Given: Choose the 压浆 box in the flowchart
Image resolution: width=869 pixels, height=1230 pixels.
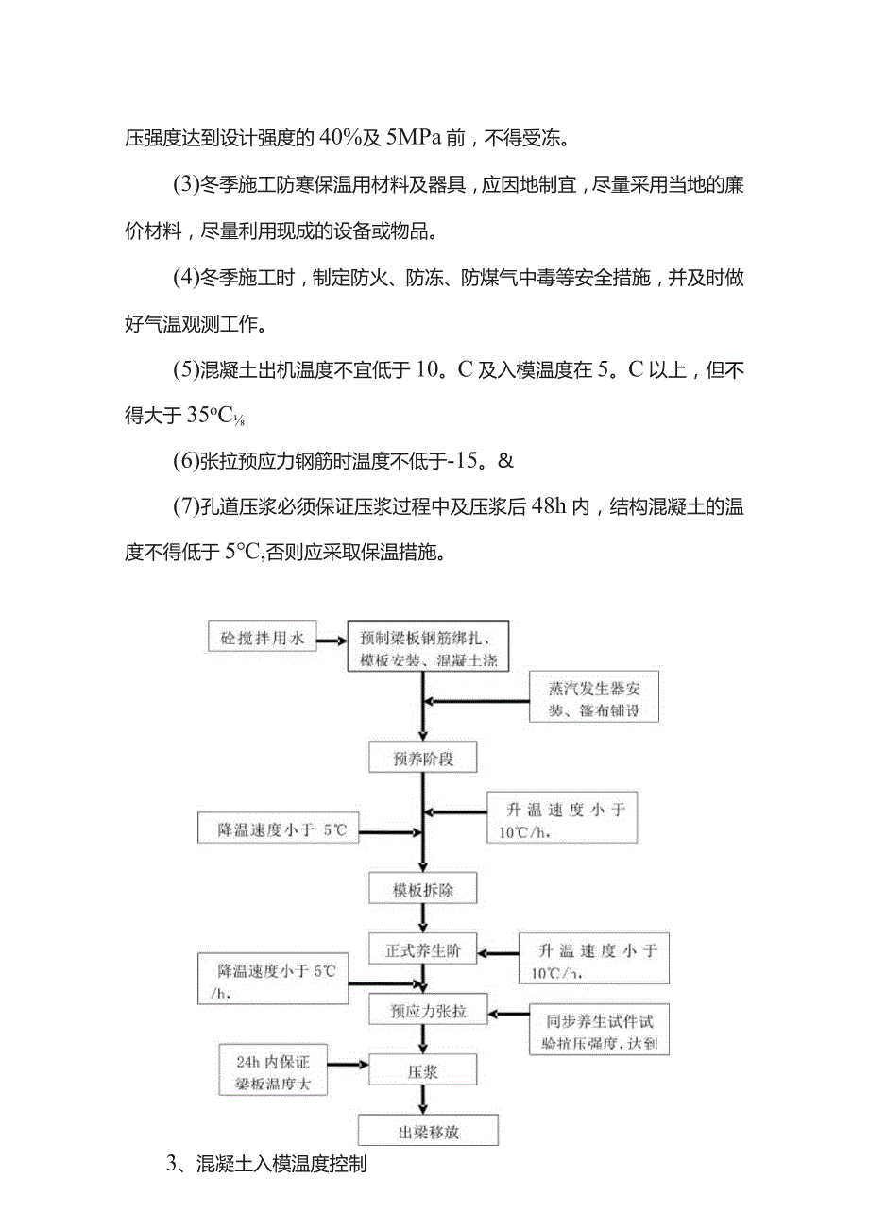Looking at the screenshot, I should point(422,1071).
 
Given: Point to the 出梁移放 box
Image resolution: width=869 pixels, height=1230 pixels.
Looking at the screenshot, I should point(428,1130).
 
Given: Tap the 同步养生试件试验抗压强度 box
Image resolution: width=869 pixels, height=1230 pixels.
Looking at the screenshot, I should point(600,1032).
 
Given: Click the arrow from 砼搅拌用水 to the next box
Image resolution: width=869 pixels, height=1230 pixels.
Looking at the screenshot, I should point(331,641).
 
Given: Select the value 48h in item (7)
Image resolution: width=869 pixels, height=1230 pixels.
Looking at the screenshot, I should point(552,507).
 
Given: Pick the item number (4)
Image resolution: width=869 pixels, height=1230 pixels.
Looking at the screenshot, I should point(185,278).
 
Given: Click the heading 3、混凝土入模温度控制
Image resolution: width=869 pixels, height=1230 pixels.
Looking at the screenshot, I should point(266,1165).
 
